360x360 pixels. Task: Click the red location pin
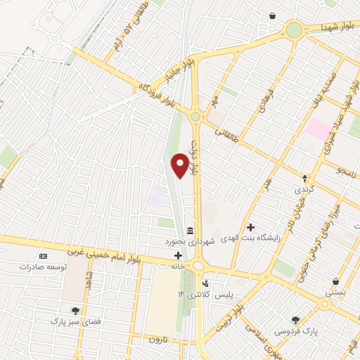[181, 165]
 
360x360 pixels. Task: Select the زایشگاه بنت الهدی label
[281, 237]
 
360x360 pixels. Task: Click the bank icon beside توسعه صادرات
[44, 257]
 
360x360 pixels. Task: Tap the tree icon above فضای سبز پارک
[75, 310]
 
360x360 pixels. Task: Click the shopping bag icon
[273, 16]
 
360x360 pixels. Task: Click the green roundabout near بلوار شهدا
[294, 30]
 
